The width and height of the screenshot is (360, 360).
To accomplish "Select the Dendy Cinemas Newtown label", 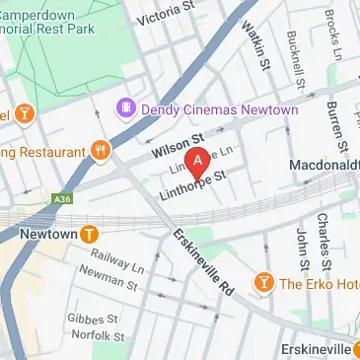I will [x=219, y=108].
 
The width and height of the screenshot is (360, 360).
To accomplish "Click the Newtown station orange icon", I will [x=90, y=234].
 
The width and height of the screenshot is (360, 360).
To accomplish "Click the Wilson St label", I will [x=177, y=149].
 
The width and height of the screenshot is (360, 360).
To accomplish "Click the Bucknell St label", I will [x=292, y=57].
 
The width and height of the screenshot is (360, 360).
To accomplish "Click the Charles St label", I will [x=324, y=237].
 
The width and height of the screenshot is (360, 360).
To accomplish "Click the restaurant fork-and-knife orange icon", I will [x=101, y=150].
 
